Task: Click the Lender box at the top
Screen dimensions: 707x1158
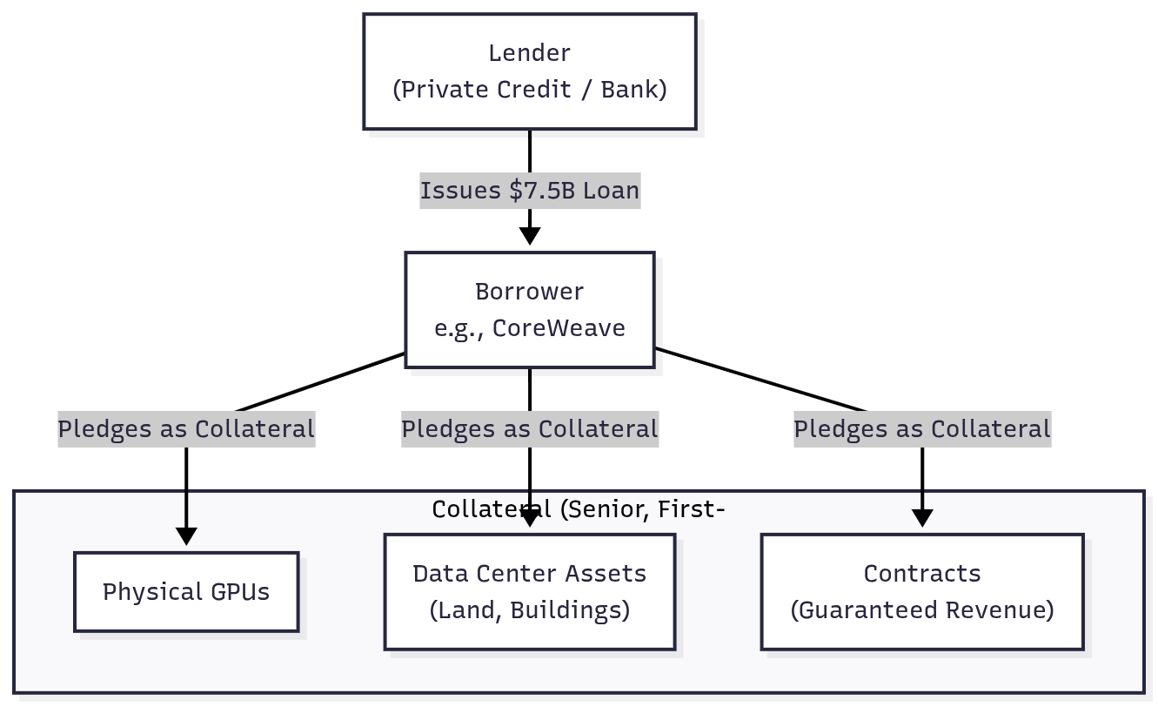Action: [529, 71]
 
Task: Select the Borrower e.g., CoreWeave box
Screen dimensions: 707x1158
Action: [529, 310]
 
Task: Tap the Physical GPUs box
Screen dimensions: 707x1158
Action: [186, 592]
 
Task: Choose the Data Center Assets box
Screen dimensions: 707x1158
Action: [529, 592]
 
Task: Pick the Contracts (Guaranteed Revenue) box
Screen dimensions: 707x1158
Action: [922, 592]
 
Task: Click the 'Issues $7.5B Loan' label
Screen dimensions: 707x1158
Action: [530, 190]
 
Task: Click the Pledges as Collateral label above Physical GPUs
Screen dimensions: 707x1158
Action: [186, 429]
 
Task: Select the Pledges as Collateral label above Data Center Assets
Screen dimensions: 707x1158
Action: [530, 429]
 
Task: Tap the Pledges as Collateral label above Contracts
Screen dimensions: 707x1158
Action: [922, 429]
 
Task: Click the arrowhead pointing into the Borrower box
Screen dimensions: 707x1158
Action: [530, 236]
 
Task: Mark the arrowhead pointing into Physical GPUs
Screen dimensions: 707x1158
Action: [186, 535]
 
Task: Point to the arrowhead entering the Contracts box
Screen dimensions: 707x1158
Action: [922, 517]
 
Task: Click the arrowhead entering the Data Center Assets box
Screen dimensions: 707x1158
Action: [530, 521]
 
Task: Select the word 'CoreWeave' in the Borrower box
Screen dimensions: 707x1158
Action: [559, 328]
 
